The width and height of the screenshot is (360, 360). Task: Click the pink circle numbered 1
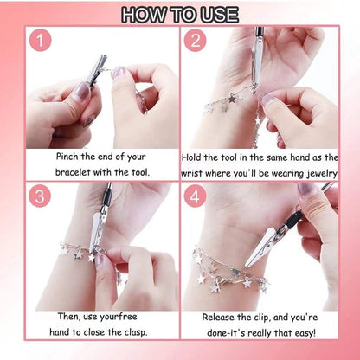39,41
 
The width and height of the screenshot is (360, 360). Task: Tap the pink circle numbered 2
196,41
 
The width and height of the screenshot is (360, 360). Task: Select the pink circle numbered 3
39,196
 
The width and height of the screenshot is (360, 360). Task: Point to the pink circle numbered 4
196,196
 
